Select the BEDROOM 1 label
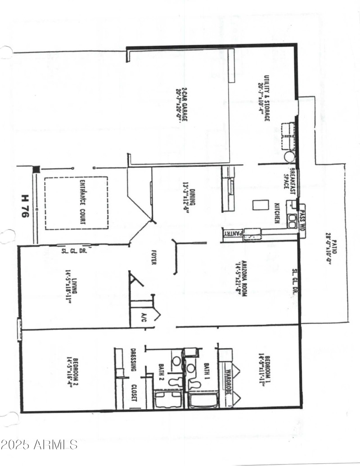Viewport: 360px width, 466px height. point(264,367)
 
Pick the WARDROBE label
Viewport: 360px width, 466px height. point(228,382)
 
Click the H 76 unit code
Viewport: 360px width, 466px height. point(26,207)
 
